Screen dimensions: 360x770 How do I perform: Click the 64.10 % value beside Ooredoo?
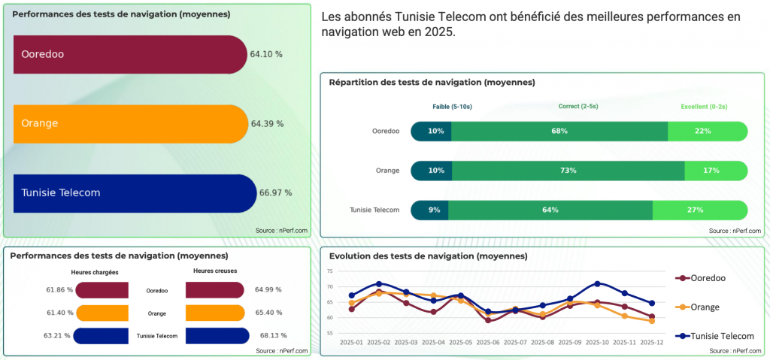[266, 54]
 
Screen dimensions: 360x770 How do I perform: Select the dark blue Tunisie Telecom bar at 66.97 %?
[135, 193]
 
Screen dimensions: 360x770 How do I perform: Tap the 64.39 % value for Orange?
[267, 124]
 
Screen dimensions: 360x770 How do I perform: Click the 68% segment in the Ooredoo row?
[559, 131]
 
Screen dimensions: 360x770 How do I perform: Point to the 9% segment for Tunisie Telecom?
[434, 210]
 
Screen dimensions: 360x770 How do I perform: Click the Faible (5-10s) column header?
[452, 107]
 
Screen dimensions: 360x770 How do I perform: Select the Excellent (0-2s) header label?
[705, 107]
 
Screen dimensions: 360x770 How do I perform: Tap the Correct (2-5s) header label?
[578, 107]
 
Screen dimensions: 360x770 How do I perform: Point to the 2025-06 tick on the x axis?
[489, 342]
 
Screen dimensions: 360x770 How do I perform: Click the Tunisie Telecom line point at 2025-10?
[597, 283]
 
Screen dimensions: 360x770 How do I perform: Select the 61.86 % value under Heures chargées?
[59, 289]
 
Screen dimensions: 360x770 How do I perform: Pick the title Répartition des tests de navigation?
[432, 82]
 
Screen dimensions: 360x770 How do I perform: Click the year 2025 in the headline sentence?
[440, 33]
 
